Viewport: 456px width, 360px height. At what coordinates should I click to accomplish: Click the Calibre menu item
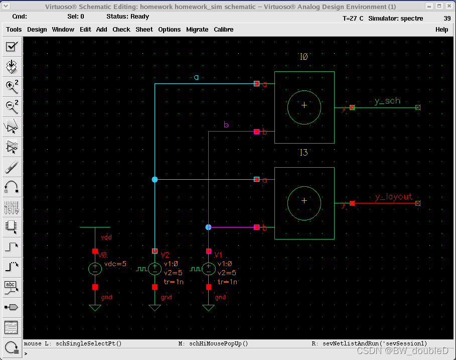click(224, 30)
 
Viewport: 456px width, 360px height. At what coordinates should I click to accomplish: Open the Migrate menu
click(197, 30)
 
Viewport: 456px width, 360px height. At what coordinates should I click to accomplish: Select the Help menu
click(441, 30)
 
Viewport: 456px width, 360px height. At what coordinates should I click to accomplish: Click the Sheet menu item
click(144, 30)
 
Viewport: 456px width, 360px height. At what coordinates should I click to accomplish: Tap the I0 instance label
click(303, 57)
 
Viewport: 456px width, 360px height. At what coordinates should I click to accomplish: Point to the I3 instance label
click(303, 153)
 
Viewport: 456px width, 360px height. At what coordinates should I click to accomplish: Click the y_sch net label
click(387, 101)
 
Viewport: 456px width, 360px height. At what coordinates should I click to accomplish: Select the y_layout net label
click(393, 197)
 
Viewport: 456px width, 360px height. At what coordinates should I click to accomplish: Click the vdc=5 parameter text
click(115, 264)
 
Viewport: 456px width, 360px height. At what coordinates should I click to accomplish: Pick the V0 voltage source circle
click(95, 269)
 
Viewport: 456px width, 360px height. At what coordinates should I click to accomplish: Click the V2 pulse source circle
click(155, 269)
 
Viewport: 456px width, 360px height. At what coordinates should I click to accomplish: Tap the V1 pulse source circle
click(208, 269)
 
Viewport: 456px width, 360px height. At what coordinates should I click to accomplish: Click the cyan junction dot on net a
click(155, 179)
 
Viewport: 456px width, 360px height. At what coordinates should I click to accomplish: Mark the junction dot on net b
click(208, 227)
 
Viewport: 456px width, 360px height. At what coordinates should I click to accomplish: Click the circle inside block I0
click(304, 107)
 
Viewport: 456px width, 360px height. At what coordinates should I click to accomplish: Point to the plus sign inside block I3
click(304, 201)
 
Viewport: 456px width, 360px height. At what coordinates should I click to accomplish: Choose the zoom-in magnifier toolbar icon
click(12, 86)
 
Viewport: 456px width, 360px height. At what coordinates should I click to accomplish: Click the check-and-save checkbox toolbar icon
click(12, 47)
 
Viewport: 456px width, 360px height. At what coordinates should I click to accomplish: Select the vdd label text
click(106, 237)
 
